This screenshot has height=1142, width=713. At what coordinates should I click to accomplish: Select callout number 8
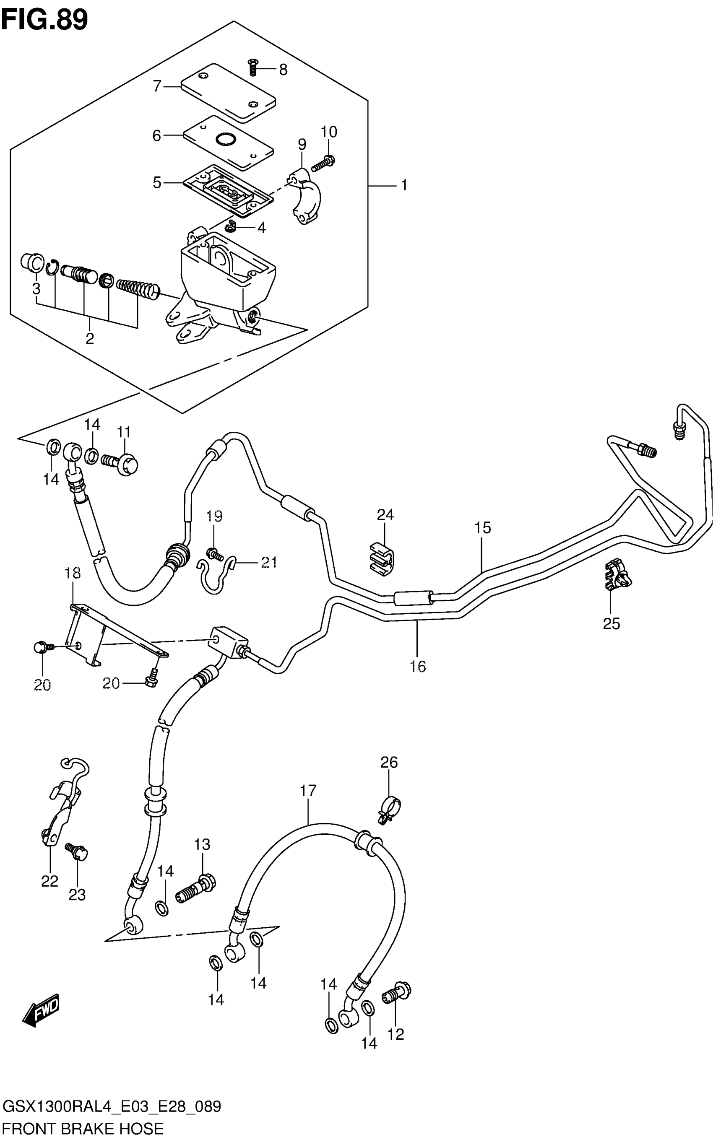283,70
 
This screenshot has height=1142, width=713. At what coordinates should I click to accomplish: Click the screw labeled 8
253,67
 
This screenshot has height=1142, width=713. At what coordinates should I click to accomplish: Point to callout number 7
157,86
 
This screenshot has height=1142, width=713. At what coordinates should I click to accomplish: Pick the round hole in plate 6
225,139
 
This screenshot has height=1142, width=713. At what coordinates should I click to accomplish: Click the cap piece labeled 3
31,262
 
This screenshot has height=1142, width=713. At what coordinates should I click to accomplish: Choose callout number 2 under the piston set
90,338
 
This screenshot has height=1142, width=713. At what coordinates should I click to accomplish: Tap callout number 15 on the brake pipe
482,528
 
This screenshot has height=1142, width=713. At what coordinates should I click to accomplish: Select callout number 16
418,666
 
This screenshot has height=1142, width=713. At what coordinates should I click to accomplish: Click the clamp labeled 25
617,576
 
